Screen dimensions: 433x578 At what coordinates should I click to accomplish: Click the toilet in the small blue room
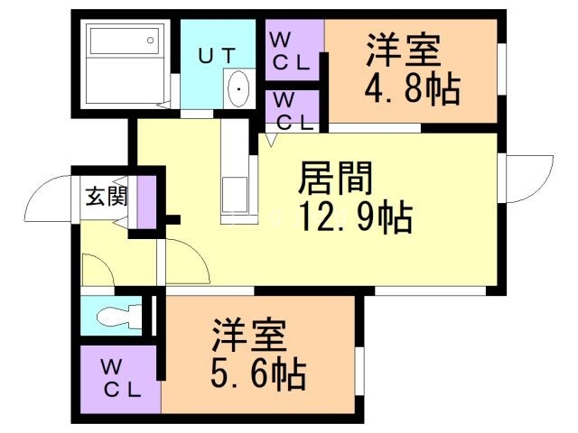click(116, 316)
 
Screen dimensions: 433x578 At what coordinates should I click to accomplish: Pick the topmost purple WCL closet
click(293, 52)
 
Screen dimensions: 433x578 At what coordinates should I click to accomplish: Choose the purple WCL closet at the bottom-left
click(121, 379)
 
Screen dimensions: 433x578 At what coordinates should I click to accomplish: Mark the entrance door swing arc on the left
click(47, 200)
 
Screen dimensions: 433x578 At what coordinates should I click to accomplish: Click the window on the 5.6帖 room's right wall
click(359, 370)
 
